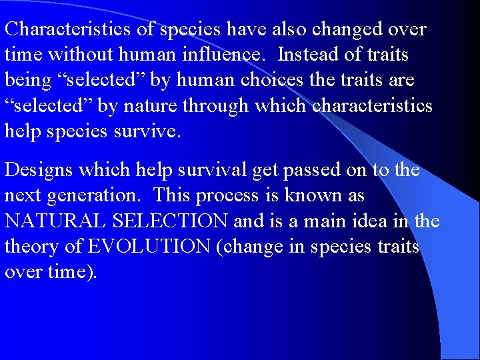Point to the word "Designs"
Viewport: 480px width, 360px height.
[39, 171]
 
